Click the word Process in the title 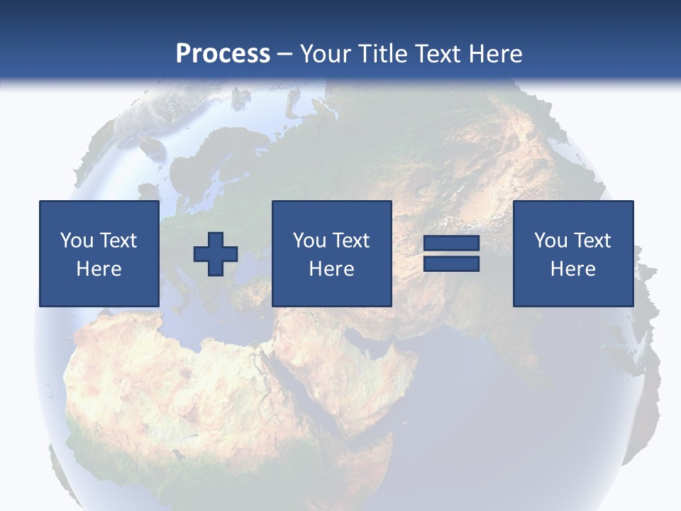[223, 54]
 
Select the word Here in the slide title [495, 54]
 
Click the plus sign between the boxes [216, 254]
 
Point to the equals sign [451, 254]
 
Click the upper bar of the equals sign [451, 244]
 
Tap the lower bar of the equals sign [451, 264]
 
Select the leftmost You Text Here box [99, 253]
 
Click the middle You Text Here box [331, 253]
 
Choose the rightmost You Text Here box [572, 253]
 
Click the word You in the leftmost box [77, 241]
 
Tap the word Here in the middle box [331, 269]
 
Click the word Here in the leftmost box [99, 269]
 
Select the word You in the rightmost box [550, 241]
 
